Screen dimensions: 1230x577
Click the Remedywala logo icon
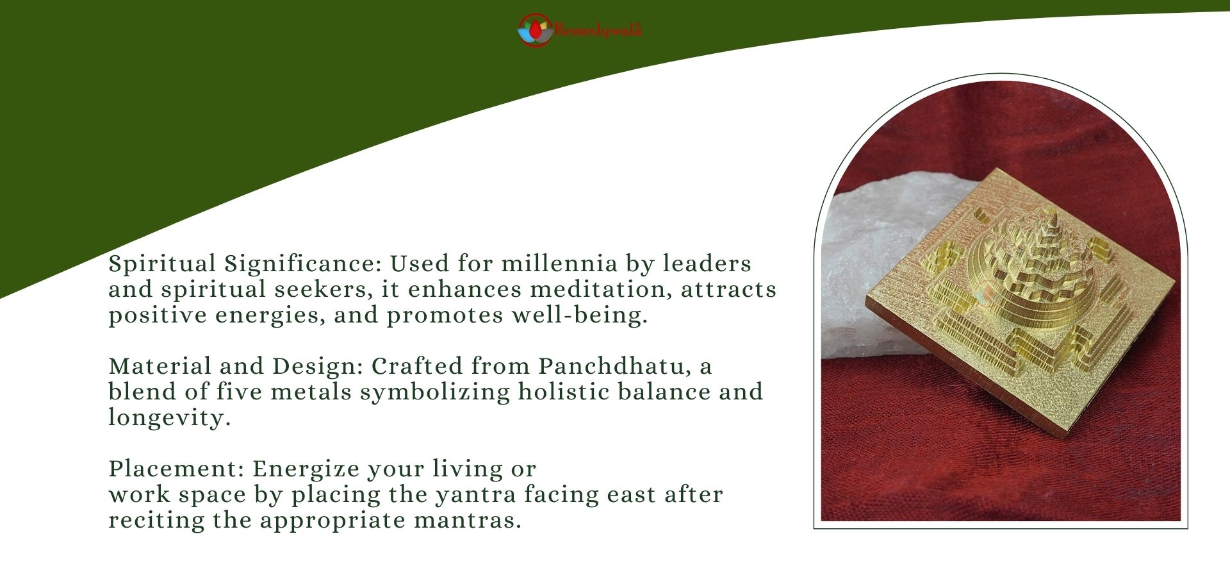click(x=535, y=30)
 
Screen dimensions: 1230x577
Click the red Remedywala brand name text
click(x=598, y=29)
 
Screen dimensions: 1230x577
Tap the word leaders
click(x=707, y=263)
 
